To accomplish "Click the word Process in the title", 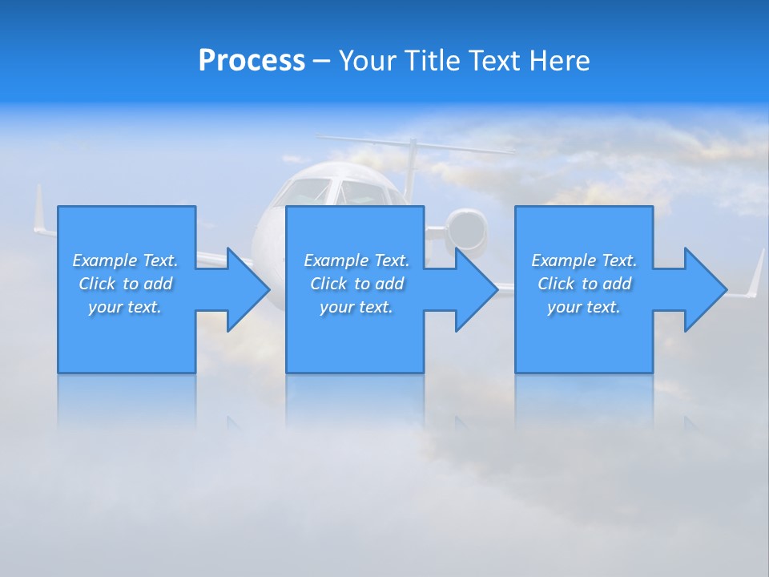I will pos(252,61).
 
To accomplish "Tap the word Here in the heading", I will pos(559,61).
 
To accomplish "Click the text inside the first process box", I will pos(125,284).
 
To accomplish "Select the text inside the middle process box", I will pos(356,284).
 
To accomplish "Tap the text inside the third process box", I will pos(584,284).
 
